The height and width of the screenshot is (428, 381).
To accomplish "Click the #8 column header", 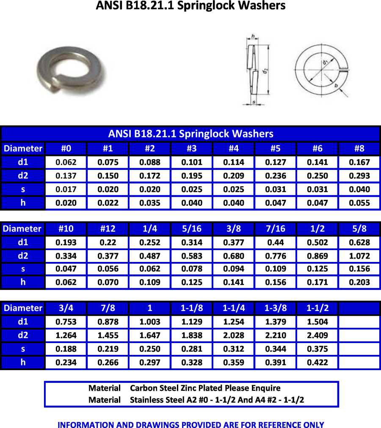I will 359,149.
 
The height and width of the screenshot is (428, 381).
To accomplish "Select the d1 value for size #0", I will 66,162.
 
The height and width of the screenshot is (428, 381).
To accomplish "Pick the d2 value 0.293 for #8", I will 359,176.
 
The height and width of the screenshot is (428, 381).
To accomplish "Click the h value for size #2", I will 150,203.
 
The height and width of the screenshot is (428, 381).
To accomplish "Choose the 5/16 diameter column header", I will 191,229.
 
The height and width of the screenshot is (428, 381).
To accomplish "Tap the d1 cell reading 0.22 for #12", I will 108,243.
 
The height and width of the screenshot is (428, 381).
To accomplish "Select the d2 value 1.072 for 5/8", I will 359,256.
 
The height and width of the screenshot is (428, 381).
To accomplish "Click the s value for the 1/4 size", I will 150,269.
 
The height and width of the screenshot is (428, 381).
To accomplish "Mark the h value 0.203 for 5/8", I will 359,282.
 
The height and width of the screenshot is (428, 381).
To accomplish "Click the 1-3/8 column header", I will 276,308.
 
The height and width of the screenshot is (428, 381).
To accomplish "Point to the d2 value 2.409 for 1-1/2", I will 317,335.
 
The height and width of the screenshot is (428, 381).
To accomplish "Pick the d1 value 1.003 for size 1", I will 150,322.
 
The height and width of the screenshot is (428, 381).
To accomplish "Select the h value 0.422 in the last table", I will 317,362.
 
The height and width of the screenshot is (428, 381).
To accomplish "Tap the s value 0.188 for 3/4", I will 66,349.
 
